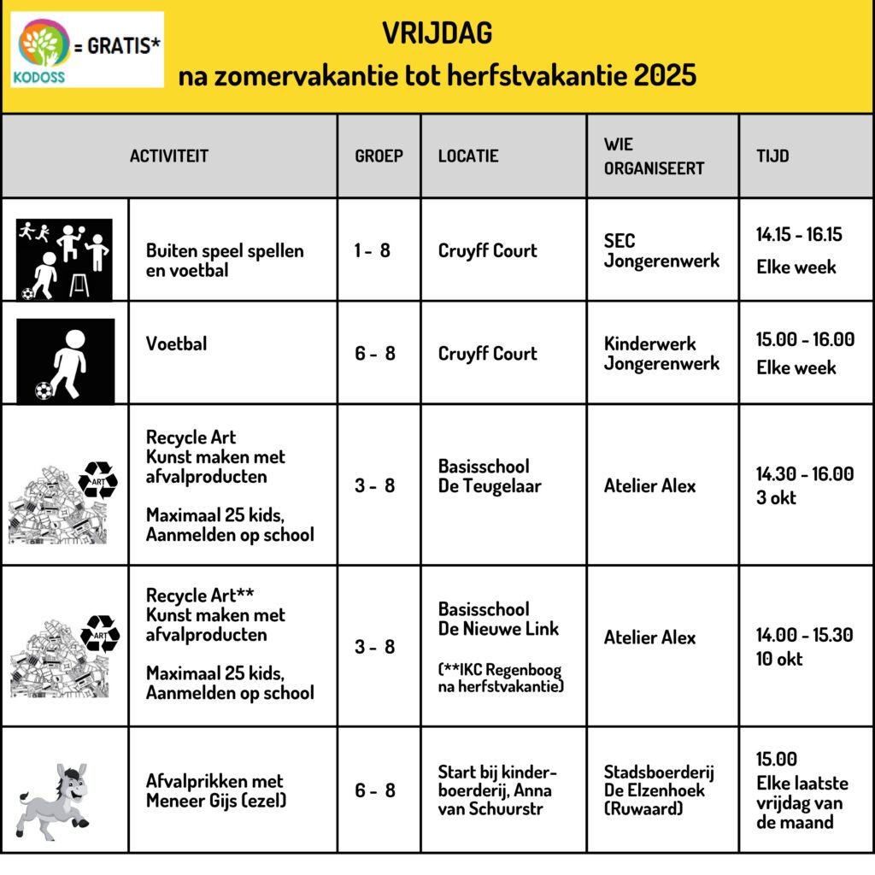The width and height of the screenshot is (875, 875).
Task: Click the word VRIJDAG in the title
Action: [437, 34]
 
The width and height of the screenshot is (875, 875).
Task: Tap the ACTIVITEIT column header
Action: [169, 156]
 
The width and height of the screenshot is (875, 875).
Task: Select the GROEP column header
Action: [379, 156]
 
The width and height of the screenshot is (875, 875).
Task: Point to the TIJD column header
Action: [772, 156]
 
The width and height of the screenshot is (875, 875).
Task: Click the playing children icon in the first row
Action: [65, 259]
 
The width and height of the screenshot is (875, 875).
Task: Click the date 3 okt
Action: [775, 497]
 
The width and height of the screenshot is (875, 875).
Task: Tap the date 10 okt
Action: [779, 658]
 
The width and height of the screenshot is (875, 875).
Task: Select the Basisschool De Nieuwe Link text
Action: [498, 620]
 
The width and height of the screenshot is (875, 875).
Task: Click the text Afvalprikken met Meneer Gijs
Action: [214, 790]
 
